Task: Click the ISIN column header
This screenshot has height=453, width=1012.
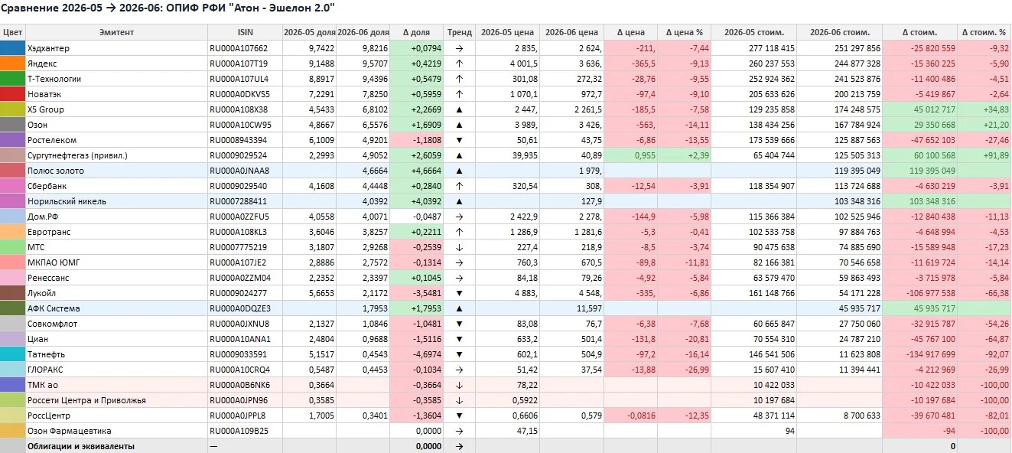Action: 246,33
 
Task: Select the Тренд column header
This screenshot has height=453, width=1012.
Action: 460,33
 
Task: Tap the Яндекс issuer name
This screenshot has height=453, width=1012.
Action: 42,64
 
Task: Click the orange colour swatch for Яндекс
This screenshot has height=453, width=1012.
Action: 13,64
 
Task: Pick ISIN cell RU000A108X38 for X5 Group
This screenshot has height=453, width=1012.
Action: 239,109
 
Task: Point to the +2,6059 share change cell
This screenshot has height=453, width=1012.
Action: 426,155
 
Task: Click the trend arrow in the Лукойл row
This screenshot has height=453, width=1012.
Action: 460,293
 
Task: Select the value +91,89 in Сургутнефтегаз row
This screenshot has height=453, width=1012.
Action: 995,155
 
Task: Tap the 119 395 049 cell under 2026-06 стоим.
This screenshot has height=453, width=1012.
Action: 857,171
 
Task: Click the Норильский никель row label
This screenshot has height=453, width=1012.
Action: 67,201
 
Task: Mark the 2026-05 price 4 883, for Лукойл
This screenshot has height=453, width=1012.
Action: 526,293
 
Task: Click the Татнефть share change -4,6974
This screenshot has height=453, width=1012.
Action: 427,354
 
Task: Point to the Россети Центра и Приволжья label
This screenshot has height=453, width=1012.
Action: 86,400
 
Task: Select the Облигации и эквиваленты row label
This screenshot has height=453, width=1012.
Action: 81,446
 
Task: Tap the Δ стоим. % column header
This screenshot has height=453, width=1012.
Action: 984,33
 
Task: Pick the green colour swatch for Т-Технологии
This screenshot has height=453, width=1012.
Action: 13,79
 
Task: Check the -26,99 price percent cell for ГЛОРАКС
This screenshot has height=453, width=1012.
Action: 697,370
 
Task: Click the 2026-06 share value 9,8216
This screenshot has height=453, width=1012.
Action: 375,48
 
